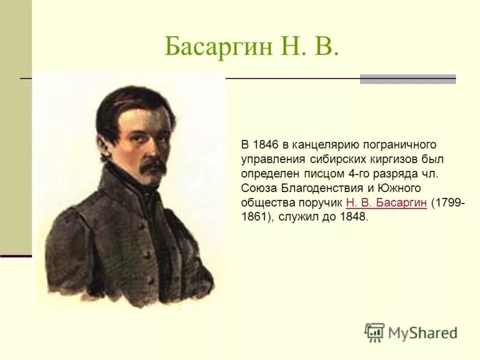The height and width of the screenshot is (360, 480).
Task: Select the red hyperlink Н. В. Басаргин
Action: tap(386, 202)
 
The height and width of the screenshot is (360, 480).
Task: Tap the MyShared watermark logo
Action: tap(410, 332)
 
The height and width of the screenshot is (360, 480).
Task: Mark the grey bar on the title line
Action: tap(407, 79)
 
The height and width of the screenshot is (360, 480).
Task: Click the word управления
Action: tap(270, 159)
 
